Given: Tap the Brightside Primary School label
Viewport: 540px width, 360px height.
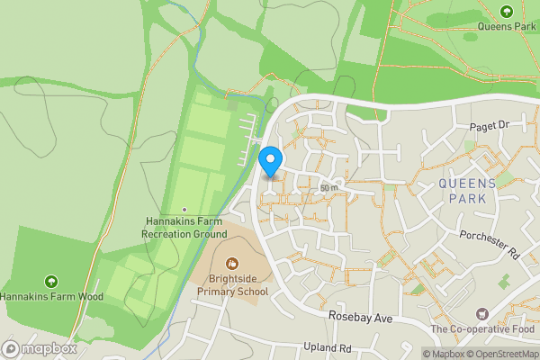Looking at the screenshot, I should point(232,285).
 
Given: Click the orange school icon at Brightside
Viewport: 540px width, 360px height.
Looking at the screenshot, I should point(232,264).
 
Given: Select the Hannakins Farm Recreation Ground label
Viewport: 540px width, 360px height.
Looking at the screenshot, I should point(184,227).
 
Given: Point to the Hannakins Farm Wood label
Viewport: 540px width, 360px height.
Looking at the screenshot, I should point(51,296).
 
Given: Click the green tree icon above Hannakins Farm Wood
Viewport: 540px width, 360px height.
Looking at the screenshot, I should point(51,281).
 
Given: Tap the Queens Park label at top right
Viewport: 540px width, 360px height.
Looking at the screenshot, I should point(507,27).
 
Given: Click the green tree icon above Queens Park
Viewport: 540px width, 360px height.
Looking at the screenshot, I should point(507,12).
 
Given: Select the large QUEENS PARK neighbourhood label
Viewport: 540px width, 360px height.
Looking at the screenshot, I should point(467,191).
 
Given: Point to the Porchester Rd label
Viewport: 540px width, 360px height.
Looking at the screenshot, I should point(490,244).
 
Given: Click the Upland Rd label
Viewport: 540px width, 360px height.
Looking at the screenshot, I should point(327,347).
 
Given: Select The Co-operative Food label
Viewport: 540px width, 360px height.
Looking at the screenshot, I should point(482,329).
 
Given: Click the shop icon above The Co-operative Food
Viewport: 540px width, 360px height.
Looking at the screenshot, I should point(482,314).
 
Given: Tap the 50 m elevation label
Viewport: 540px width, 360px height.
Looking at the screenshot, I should point(328,187).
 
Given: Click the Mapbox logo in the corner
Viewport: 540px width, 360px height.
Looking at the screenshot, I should point(38,348).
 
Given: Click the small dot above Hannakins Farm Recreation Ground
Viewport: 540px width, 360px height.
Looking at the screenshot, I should point(184,209).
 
